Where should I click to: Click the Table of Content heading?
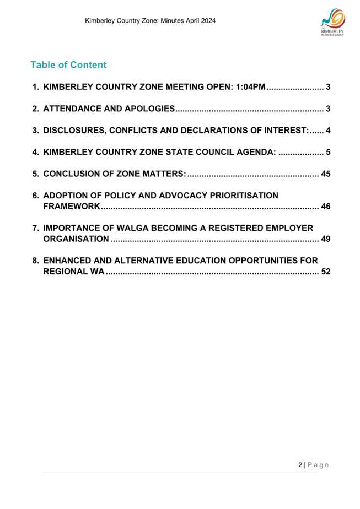(x=68, y=65)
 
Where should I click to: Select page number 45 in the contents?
(x=325, y=174)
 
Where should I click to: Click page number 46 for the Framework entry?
(x=325, y=207)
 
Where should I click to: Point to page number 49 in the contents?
(x=325, y=239)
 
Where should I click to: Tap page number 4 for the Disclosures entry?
(x=328, y=131)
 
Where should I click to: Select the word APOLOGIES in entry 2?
(x=145, y=109)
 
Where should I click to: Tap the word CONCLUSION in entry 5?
(x=76, y=174)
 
